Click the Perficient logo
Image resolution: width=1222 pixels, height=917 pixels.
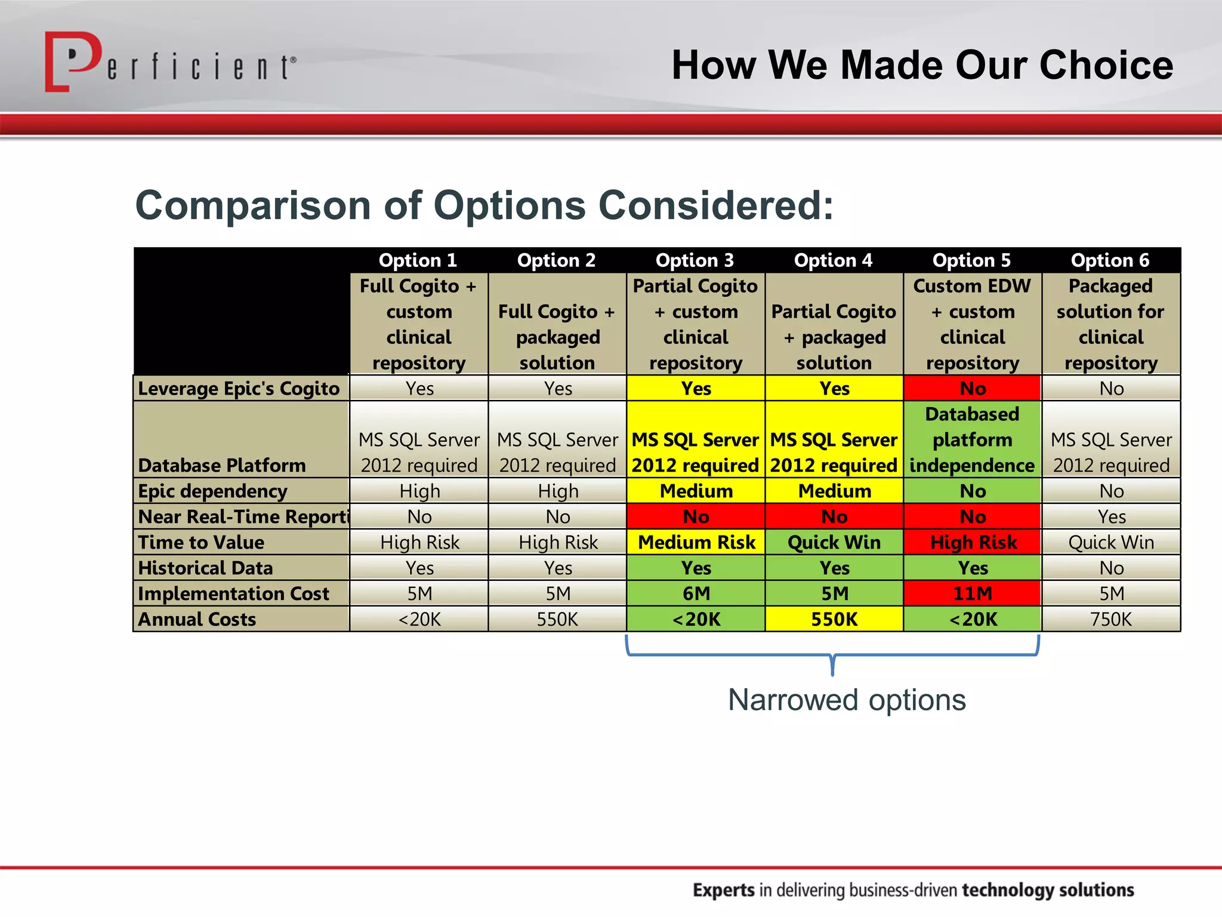point(170,63)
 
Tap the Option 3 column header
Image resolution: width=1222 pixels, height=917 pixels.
point(695,260)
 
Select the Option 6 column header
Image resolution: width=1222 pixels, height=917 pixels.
point(1110,260)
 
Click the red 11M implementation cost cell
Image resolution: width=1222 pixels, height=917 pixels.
point(973,593)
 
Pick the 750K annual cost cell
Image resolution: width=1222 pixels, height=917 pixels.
point(1111,619)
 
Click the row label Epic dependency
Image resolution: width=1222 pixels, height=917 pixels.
point(213,491)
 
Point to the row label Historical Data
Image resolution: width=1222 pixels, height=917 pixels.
point(206,568)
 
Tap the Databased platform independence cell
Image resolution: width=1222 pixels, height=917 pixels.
point(973,439)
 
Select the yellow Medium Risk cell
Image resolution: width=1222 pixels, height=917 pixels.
point(696,542)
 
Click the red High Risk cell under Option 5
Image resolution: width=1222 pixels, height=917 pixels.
point(973,542)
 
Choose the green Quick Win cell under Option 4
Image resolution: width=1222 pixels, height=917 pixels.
point(834,542)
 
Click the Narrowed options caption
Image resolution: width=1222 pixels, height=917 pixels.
point(847,700)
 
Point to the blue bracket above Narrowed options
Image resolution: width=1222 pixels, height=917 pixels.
point(832,655)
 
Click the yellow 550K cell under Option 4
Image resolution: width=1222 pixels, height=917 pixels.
point(834,619)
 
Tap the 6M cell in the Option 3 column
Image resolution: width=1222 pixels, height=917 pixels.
point(696,593)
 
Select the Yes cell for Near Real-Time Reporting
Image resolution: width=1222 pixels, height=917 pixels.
point(1111,516)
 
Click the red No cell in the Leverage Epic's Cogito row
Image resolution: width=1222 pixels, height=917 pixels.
point(973,389)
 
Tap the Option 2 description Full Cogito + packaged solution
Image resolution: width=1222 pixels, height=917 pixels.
point(557,337)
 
